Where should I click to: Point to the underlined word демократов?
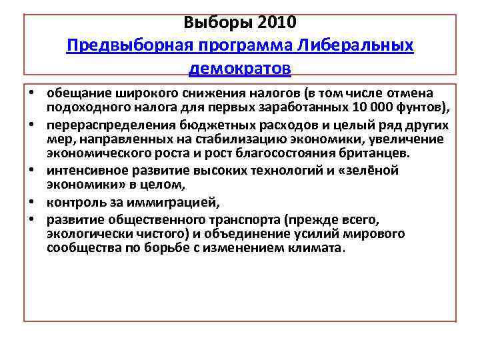(240, 69)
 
